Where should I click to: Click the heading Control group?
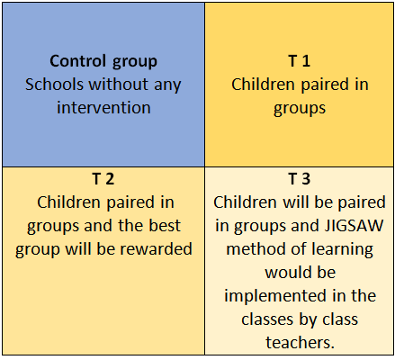103,61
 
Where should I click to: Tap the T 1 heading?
299,61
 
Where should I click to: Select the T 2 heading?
103,179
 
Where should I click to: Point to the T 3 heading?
299,179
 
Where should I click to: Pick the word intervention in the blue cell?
103,108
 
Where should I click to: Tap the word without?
119,85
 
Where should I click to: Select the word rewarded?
156,249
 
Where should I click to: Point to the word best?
165,226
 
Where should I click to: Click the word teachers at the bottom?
300,343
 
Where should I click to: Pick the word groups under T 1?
300,109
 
